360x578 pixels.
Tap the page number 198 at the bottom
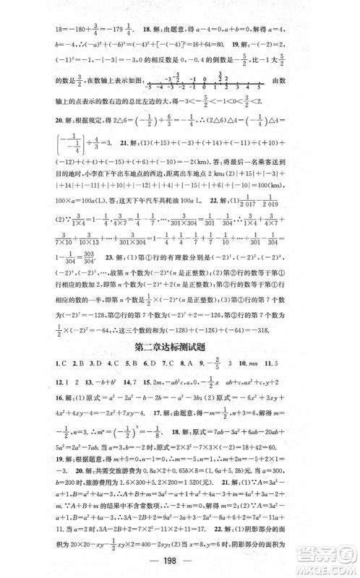[x=179, y=564]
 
